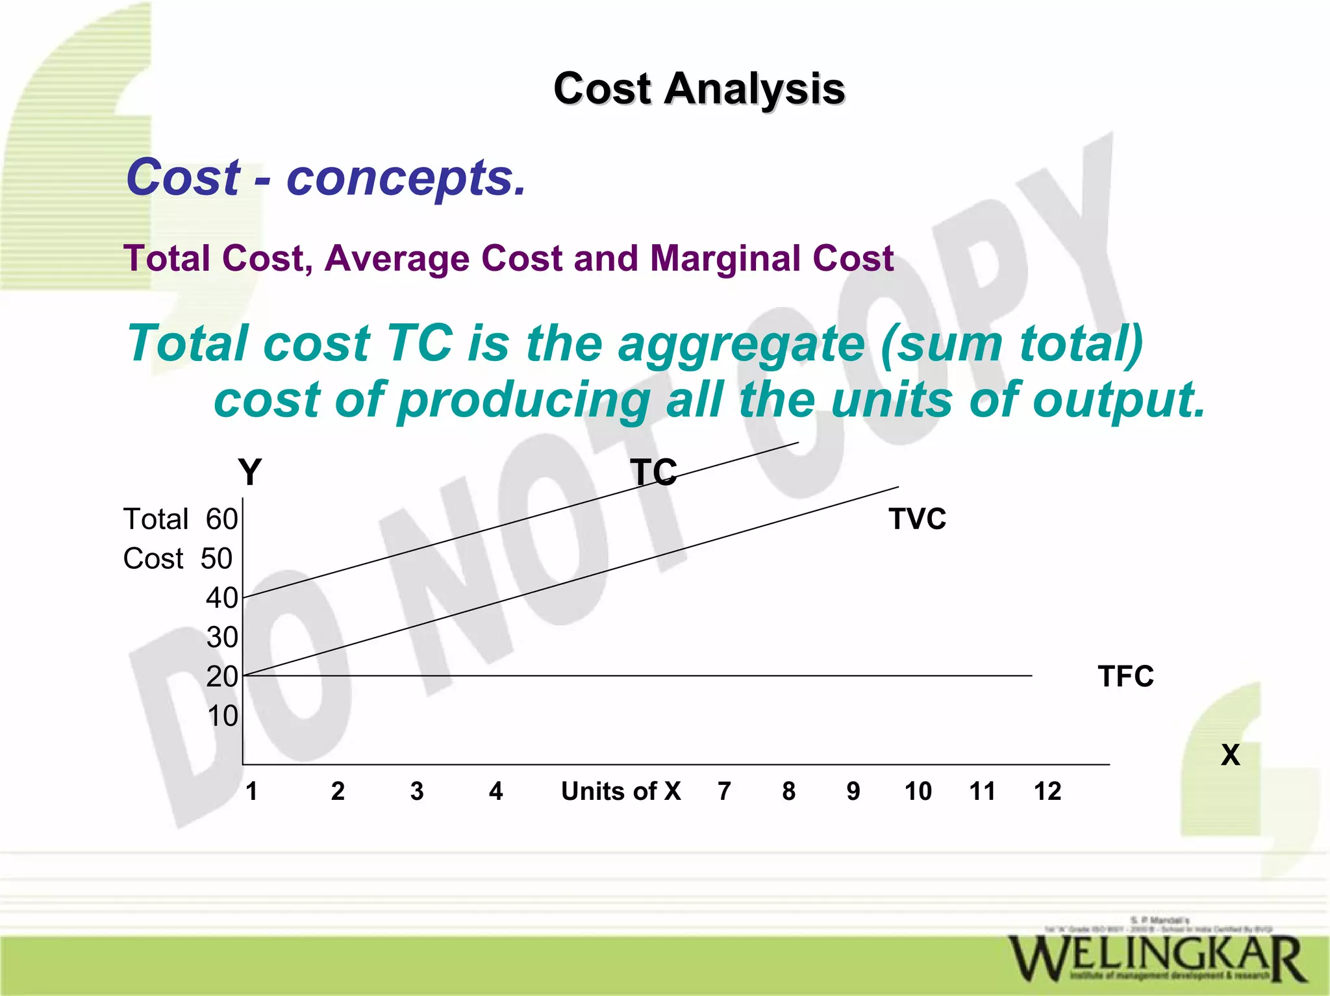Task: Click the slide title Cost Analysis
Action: tap(699, 88)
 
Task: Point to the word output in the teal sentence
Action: tap(1118, 399)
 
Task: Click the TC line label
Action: tap(653, 472)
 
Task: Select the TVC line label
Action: tap(917, 519)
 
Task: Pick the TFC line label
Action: tap(1125, 676)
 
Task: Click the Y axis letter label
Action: tap(249, 472)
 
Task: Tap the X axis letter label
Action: tap(1230, 755)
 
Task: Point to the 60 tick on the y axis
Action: tap(222, 519)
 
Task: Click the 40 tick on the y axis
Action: tap(222, 598)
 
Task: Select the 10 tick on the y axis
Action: tap(222, 716)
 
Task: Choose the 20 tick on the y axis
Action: tap(222, 677)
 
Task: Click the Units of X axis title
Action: tap(621, 791)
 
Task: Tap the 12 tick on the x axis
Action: tap(1047, 791)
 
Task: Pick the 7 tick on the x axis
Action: tap(724, 791)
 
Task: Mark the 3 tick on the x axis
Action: tap(417, 791)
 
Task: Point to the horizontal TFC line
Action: tap(649, 676)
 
